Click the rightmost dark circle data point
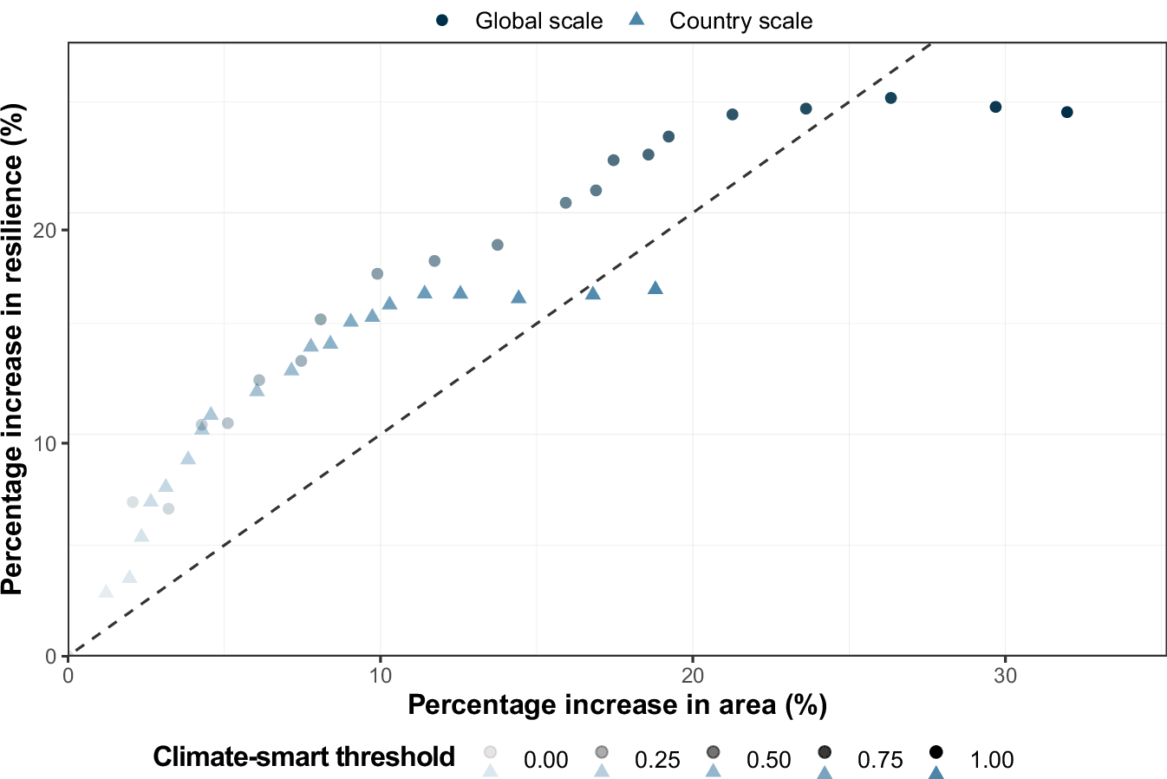pos(1066,112)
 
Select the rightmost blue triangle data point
pos(655,288)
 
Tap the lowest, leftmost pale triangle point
pos(106,592)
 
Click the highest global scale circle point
pos(890,98)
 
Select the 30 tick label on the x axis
pos(1005,675)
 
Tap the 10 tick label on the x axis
pos(380,675)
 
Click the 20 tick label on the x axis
pos(693,675)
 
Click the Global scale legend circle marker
pos(441,20)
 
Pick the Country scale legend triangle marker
pos(636,19)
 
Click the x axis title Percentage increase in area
pos(617,704)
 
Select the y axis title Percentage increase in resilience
pos(14,349)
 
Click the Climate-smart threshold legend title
pos(303,756)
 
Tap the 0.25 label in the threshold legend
pos(657,760)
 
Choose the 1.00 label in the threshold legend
pos(991,760)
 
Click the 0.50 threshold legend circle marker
pos(713,751)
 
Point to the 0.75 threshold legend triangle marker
pos(825,771)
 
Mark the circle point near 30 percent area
pos(995,107)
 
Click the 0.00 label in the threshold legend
pos(545,760)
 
